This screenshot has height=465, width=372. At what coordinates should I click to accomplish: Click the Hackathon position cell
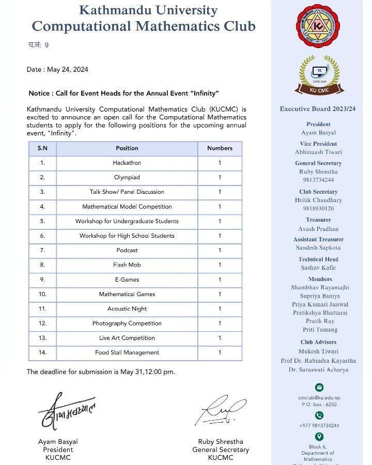pos(127,163)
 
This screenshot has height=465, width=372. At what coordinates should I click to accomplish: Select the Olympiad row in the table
pos(127,177)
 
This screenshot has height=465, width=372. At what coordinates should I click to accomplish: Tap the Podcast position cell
pos(127,250)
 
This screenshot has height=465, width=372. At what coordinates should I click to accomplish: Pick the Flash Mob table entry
pos(127,265)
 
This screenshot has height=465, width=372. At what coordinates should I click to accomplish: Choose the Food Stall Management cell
pos(127,352)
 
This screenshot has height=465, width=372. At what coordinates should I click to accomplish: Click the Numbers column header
pos(220,148)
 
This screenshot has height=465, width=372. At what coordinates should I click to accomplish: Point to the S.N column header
pos(42,148)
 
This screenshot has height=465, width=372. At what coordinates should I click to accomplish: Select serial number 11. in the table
pos(42,308)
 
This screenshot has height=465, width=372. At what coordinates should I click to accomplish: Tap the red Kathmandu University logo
pos(318,26)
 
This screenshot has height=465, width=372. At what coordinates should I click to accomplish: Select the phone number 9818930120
pos(318,208)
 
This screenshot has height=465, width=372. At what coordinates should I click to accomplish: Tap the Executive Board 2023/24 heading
pos(318,109)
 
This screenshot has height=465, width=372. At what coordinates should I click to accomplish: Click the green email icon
pos(319,387)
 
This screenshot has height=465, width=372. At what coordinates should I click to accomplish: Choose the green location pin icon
pos(319,437)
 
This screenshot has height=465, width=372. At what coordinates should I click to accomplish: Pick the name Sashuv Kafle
pos(318,268)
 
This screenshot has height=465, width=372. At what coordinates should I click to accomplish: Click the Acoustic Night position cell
pos(127,308)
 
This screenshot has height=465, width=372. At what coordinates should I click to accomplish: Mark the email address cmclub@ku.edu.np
pos(319,397)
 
